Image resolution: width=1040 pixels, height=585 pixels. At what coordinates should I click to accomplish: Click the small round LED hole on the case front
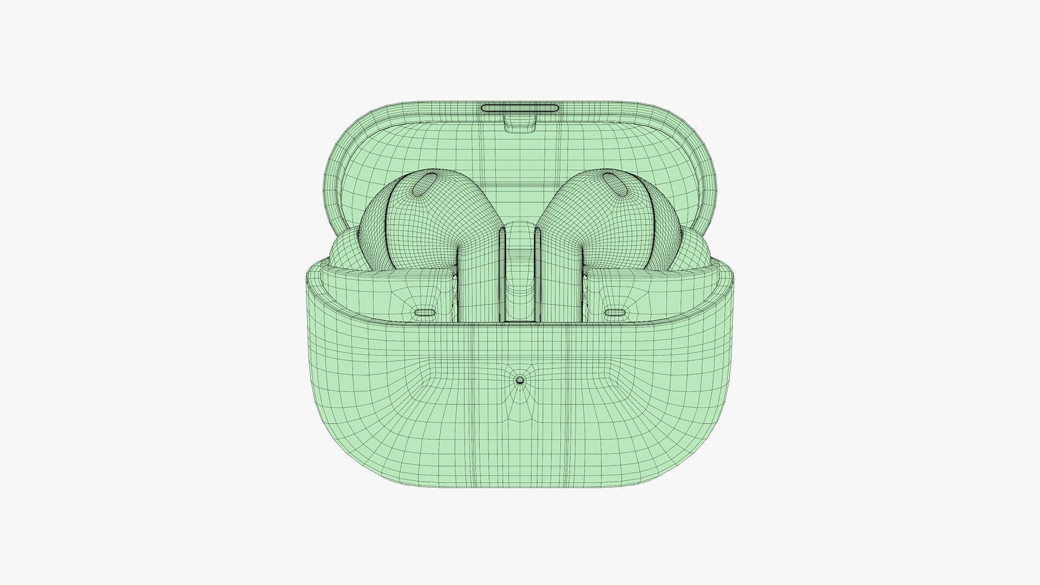point(520,380)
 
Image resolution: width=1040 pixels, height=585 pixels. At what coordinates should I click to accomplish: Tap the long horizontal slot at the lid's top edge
point(520,107)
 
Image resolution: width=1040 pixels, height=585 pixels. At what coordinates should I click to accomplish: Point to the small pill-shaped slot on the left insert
point(426,313)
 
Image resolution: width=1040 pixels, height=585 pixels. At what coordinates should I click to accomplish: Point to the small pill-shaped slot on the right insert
point(615,313)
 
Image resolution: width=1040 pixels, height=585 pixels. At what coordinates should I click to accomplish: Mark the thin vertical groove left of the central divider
point(502,271)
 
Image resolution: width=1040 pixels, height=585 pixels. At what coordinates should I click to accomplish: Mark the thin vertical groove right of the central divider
point(538,271)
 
